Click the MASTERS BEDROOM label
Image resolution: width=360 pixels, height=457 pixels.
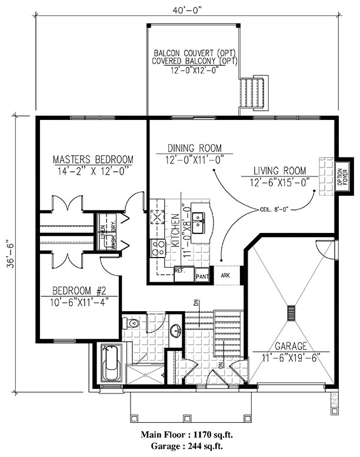tap(93, 159)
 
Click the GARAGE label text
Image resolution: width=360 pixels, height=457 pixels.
tap(291, 347)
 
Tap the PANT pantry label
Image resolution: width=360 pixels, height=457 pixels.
tap(202, 276)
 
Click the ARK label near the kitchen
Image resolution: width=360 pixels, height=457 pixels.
tap(225, 275)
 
